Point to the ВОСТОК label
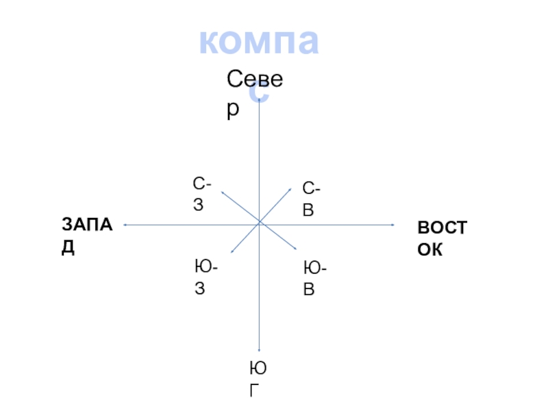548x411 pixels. (x=442, y=238)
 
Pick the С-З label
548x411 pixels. (x=202, y=194)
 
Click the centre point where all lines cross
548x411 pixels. (x=259, y=223)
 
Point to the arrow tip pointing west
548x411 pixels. (x=124, y=224)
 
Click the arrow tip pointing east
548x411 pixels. (x=394, y=224)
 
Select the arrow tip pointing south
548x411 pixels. (x=259, y=350)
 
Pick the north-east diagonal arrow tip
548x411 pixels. (x=292, y=190)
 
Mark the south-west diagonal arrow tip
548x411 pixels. (x=232, y=252)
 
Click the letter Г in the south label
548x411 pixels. (x=255, y=391)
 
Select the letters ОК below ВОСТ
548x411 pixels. (x=430, y=249)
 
